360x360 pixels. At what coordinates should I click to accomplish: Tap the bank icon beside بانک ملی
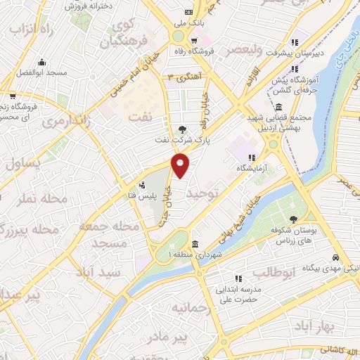coord(188,12)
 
